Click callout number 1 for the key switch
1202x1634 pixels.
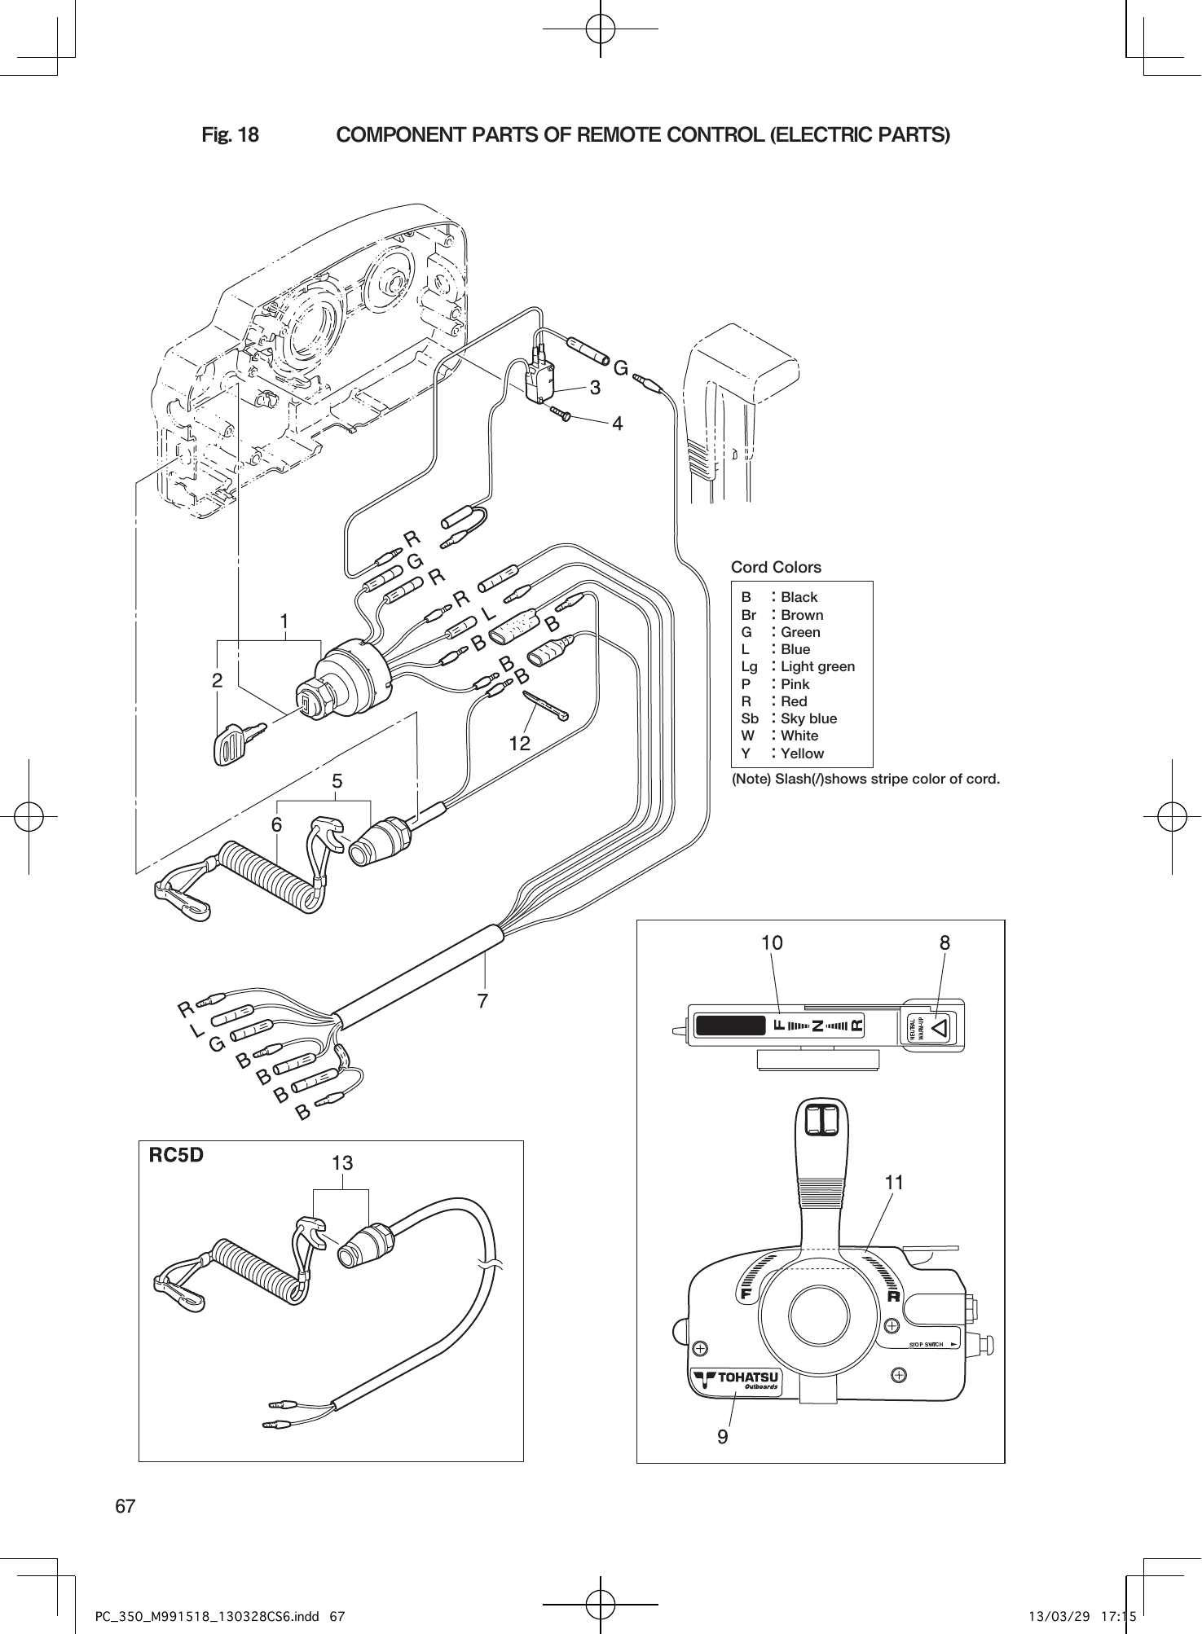point(284,622)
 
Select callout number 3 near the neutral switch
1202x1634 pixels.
point(595,388)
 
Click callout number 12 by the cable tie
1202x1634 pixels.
point(519,743)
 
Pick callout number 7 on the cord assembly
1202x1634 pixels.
point(482,999)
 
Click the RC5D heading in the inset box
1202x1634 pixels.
point(175,1155)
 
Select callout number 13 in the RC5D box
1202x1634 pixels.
point(342,1163)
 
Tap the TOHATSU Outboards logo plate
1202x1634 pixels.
point(737,1381)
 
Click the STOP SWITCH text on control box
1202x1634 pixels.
point(926,1344)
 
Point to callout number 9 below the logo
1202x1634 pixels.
point(723,1437)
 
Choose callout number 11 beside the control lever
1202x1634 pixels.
point(894,1182)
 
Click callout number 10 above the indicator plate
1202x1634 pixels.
point(772,943)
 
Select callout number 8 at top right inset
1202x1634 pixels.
point(944,943)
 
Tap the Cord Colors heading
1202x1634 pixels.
point(776,567)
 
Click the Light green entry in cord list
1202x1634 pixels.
point(817,666)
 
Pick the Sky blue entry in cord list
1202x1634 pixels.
point(808,718)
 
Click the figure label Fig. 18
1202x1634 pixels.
point(230,135)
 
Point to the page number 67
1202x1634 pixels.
point(125,1506)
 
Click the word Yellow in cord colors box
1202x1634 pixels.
point(802,753)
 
